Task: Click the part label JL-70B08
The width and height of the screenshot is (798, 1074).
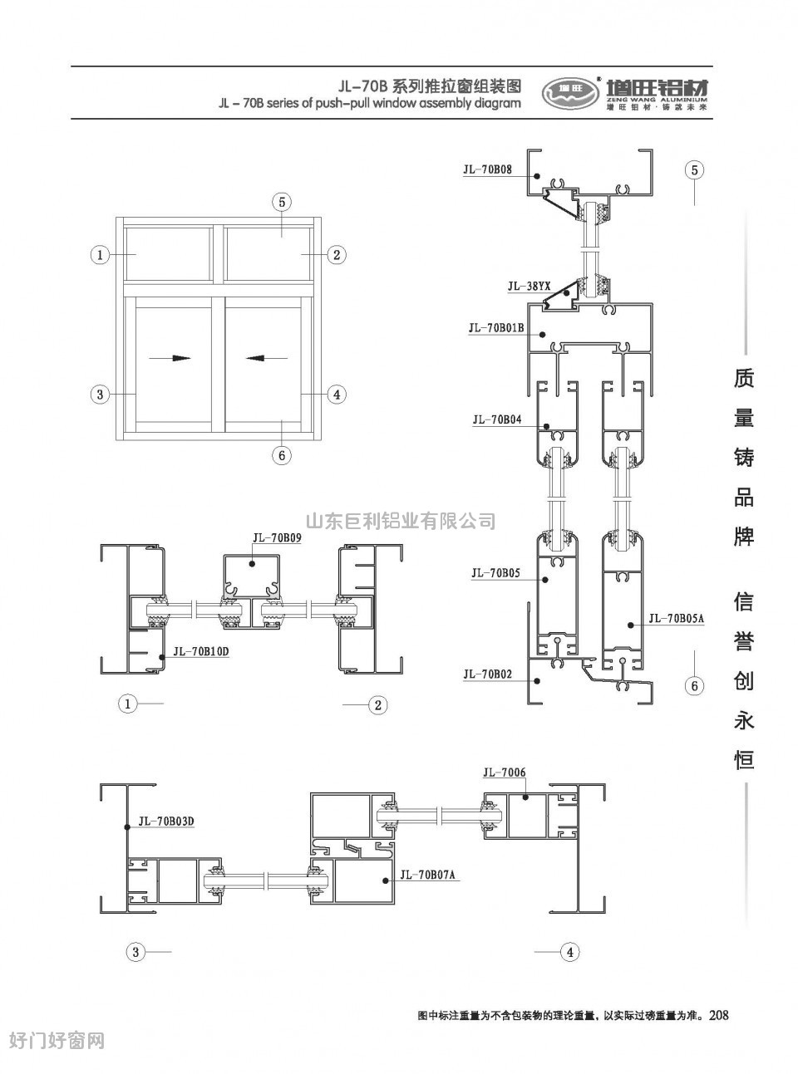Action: pos(487,169)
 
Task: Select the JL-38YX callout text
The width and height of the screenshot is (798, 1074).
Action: pos(529,287)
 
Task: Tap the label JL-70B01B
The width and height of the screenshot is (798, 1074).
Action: pos(496,328)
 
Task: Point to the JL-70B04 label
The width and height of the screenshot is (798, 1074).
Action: pos(497,419)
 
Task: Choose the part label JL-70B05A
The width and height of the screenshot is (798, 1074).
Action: pos(676,618)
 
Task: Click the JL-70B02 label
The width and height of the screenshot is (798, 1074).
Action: pos(487,674)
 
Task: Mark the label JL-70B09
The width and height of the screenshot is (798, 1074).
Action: pos(277,537)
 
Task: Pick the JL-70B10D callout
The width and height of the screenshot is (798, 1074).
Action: pos(200,652)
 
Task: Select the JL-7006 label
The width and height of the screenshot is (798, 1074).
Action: pos(505,772)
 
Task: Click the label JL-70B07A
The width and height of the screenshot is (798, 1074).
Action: pos(427,875)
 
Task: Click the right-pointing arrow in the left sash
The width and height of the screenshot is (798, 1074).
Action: pos(170,358)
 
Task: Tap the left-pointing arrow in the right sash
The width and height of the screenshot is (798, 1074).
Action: pos(266,358)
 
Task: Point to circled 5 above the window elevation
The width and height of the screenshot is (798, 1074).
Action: pos(282,202)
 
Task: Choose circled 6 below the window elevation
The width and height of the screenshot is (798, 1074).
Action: pos(282,455)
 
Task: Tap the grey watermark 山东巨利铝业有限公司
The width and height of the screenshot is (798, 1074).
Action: pos(401,521)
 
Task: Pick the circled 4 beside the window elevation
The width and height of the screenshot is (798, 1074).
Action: pos(337,395)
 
